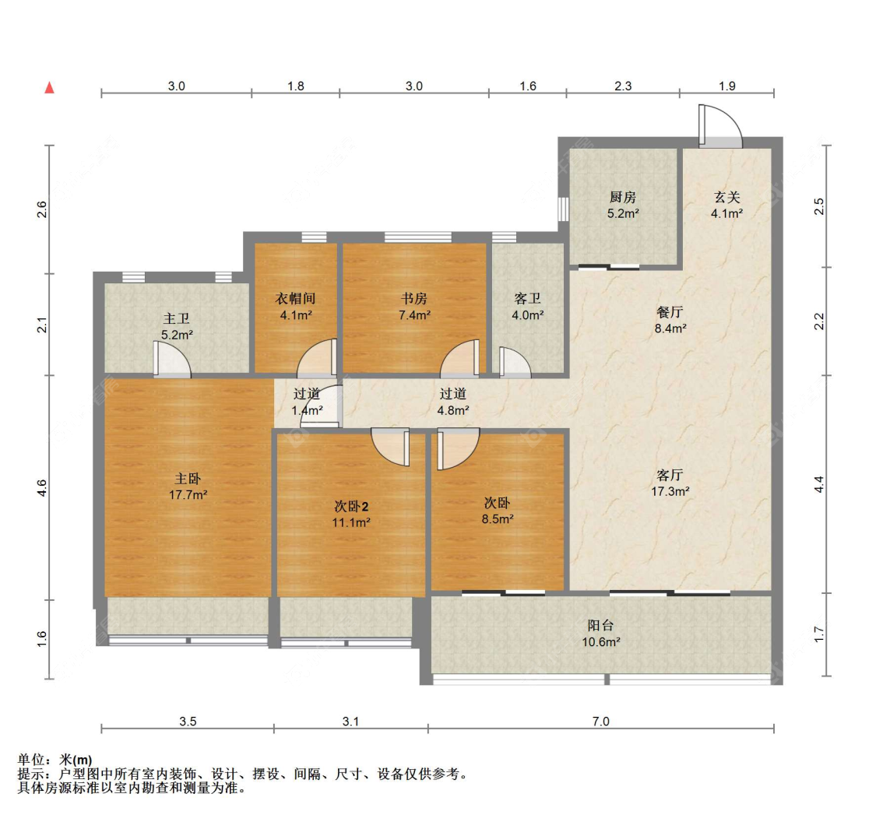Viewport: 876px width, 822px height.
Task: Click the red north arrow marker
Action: [50, 87]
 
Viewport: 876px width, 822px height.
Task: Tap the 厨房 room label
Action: [623, 197]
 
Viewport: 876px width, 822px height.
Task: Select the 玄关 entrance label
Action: [726, 197]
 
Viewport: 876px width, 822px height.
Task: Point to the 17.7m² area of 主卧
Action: [188, 495]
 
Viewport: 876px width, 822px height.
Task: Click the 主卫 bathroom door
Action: [172, 360]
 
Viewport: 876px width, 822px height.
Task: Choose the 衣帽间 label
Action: [296, 299]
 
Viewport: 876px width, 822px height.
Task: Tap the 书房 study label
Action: [414, 299]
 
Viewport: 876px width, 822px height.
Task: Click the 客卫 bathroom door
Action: [515, 363]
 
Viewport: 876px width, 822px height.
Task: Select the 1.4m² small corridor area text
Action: [307, 411]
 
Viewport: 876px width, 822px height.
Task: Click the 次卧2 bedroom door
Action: [391, 447]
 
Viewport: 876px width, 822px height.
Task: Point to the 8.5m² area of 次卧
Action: [498, 518]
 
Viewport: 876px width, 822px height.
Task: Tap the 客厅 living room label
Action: [670, 475]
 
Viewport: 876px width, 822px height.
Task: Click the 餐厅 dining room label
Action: [670, 312]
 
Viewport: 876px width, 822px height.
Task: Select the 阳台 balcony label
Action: [600, 626]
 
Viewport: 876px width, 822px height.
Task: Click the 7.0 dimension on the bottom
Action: [600, 722]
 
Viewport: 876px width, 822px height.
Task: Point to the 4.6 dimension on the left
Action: [42, 488]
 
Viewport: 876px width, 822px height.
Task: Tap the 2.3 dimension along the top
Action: [623, 86]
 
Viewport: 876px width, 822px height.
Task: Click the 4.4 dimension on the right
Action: [819, 484]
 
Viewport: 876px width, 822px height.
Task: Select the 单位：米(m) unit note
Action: [55, 760]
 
